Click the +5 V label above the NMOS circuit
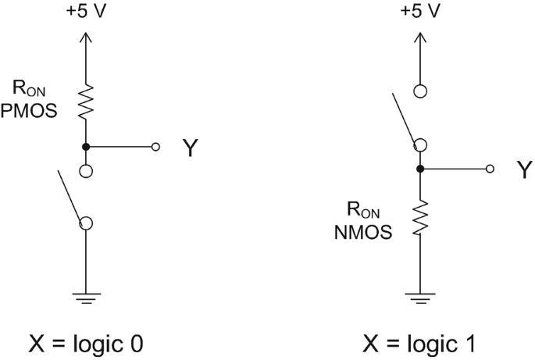[x=420, y=12]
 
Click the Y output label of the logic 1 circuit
[x=523, y=170]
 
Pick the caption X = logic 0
[x=84, y=344]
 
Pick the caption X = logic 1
[x=419, y=344]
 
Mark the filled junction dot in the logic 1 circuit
[x=419, y=168]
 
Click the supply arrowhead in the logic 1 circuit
[x=419, y=37]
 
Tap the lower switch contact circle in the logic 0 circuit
[x=86, y=223]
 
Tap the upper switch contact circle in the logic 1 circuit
[x=419, y=91]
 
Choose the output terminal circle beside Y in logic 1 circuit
[x=490, y=168]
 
